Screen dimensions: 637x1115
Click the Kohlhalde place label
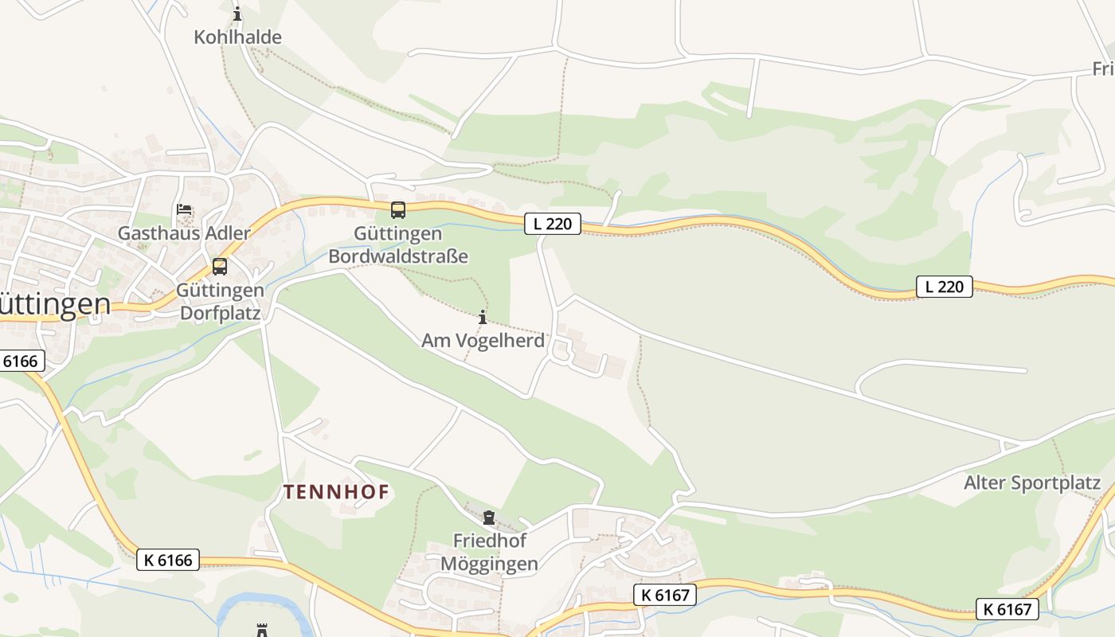pyautogui.click(x=237, y=37)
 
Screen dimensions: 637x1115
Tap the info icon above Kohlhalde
pyautogui.click(x=237, y=14)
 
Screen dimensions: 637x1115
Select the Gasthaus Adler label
pyautogui.click(x=184, y=233)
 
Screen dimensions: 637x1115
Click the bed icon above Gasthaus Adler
pyautogui.click(x=184, y=211)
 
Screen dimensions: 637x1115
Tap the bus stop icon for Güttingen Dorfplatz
pyautogui.click(x=220, y=267)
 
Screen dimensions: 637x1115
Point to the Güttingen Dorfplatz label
pyautogui.click(x=220, y=302)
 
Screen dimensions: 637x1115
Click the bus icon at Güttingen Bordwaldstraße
pyautogui.click(x=398, y=210)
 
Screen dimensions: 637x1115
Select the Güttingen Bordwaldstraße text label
pyautogui.click(x=398, y=245)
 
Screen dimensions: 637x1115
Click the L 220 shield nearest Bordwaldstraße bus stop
pyautogui.click(x=553, y=224)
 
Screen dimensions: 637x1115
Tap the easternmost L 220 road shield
pyautogui.click(x=945, y=287)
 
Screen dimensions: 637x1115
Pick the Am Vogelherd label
pyautogui.click(x=483, y=341)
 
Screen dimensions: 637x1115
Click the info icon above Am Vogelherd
pyautogui.click(x=482, y=317)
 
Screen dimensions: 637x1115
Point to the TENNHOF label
pyautogui.click(x=337, y=492)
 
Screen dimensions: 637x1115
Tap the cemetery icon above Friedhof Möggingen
pyautogui.click(x=489, y=518)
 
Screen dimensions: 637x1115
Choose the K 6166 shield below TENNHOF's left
pyautogui.click(x=167, y=560)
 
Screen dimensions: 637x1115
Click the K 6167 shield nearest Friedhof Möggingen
pyautogui.click(x=665, y=594)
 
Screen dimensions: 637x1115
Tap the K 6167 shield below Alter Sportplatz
pyautogui.click(x=1007, y=610)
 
